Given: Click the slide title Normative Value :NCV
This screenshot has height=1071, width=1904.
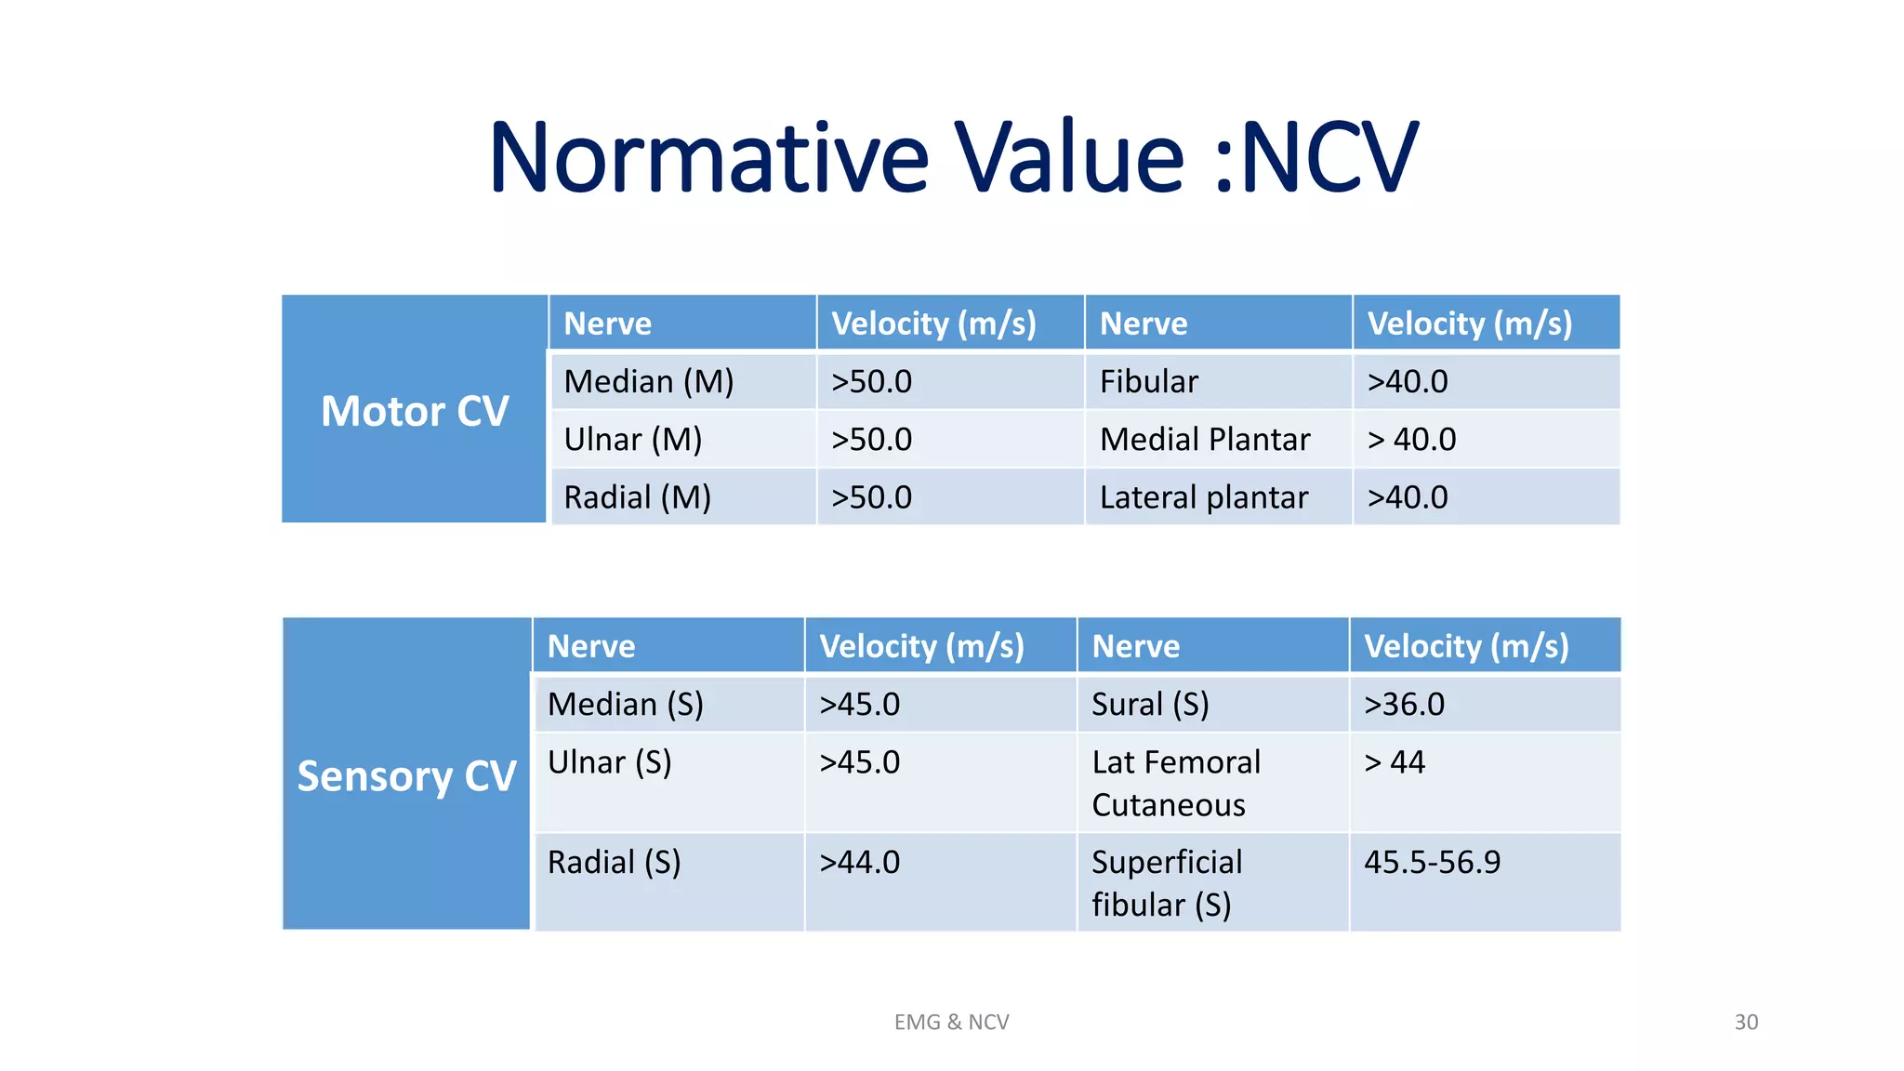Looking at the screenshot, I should point(953,158).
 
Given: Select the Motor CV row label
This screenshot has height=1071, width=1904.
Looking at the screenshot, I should point(415,411).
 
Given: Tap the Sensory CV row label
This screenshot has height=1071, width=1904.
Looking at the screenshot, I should point(406,775).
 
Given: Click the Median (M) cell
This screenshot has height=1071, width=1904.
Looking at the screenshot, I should point(649,381).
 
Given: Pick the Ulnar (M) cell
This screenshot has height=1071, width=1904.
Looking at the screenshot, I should point(632,439).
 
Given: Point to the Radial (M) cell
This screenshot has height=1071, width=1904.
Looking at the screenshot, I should point(637,497).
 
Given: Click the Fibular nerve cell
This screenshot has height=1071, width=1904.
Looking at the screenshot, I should point(1149,381).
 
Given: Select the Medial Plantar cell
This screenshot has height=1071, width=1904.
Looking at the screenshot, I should point(1205,439).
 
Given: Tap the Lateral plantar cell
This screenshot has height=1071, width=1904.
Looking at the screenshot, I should point(1204,497).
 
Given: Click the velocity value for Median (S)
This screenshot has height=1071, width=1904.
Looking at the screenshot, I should point(859,704).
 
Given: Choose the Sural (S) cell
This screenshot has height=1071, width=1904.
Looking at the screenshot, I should point(1150,704).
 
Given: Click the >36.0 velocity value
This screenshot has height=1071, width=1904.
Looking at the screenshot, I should point(1404,704).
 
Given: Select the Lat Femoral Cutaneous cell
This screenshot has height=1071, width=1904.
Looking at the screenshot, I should point(1176,783).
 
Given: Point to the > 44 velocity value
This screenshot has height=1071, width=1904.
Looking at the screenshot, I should point(1395,762).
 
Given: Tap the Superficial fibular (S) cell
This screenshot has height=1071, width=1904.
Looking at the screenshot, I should point(1167,882).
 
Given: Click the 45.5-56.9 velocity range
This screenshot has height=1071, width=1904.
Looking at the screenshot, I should point(1432,862).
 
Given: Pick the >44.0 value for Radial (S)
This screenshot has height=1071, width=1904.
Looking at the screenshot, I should point(859,862).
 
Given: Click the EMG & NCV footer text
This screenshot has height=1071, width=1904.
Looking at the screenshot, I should point(951,1022).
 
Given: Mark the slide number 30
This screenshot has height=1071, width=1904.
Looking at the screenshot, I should point(1746,1022).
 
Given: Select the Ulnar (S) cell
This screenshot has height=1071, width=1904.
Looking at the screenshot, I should point(609,762).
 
